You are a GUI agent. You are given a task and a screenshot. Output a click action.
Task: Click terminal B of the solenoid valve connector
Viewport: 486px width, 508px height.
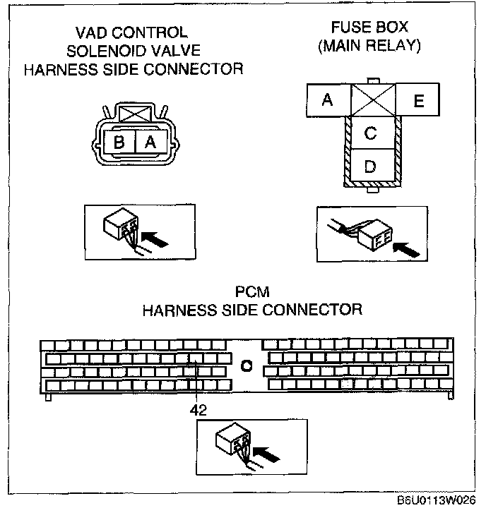[x=120, y=142]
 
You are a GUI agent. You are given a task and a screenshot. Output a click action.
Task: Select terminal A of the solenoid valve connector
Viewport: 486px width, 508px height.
[x=150, y=142]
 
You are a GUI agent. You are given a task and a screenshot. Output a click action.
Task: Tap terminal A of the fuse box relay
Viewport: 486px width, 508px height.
[x=327, y=100]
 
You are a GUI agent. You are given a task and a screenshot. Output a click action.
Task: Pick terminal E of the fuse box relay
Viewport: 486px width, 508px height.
[x=418, y=100]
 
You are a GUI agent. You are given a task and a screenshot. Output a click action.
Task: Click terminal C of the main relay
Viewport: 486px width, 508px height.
[x=371, y=133]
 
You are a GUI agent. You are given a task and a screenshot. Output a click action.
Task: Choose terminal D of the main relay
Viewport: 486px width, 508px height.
[x=371, y=167]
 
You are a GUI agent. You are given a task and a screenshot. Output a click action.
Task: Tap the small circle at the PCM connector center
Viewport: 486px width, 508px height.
[x=246, y=365]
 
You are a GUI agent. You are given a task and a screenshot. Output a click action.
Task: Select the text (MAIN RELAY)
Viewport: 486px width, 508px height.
[x=369, y=47]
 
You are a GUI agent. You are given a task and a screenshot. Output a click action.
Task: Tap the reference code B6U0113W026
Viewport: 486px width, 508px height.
[x=437, y=500]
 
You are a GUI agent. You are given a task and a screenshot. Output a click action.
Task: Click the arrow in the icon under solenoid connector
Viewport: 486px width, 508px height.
[x=159, y=240]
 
